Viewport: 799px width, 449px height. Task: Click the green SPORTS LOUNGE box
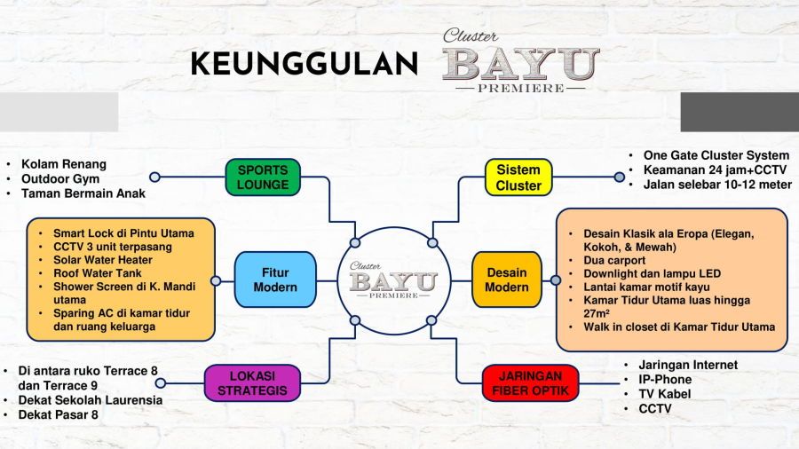pos(263,177)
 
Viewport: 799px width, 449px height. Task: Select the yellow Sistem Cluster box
pos(518,177)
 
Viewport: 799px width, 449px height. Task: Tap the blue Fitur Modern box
pos(275,280)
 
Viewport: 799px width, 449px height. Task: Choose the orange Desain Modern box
pos(507,280)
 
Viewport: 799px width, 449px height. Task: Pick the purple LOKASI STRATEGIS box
pos(252,382)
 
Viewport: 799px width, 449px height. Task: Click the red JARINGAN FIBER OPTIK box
pos(531,382)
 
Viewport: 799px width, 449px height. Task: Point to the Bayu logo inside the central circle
pos(393,280)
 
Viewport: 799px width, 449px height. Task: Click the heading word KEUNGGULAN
pos(305,64)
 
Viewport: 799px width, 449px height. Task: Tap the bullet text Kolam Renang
pos(64,164)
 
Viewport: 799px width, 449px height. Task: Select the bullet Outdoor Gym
pos(60,178)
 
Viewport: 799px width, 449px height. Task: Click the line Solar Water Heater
pos(103,260)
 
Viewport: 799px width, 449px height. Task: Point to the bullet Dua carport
pos(614,260)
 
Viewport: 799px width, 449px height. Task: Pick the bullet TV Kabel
pos(664,393)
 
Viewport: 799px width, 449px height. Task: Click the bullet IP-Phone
pos(665,379)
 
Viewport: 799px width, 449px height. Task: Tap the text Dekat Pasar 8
pos(58,414)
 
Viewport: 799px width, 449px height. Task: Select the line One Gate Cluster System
pos(716,155)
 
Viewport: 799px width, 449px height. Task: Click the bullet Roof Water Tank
pos(98,273)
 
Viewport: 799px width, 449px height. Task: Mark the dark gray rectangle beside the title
pos(740,112)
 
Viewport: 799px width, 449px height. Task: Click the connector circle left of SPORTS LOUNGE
pos(154,177)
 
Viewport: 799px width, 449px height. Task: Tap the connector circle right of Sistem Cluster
pos(619,177)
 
